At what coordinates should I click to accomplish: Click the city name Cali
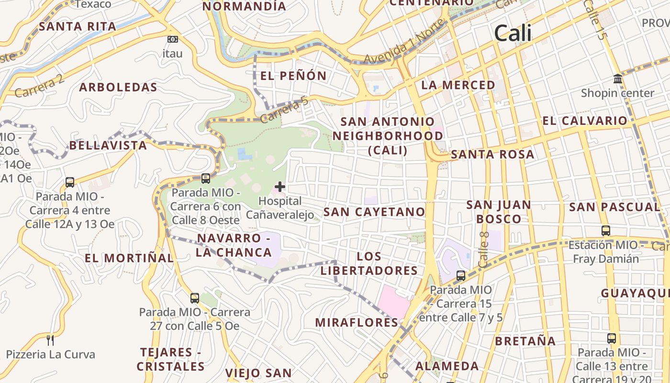pyautogui.click(x=513, y=33)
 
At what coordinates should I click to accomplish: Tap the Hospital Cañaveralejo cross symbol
pyautogui.click(x=280, y=187)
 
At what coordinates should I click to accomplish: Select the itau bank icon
pyautogui.click(x=173, y=39)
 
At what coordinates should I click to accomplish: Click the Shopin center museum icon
pyautogui.click(x=617, y=79)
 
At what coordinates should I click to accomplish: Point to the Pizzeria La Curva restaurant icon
pyautogui.click(x=50, y=340)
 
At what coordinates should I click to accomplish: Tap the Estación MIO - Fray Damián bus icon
pyautogui.click(x=606, y=231)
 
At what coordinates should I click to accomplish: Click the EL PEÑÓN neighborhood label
pyautogui.click(x=293, y=76)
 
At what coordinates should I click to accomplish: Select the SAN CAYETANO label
pyautogui.click(x=374, y=212)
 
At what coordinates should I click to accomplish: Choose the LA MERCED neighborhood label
pyautogui.click(x=458, y=85)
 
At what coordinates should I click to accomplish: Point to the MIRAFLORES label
pyautogui.click(x=357, y=322)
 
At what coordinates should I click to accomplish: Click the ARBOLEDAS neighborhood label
pyautogui.click(x=118, y=87)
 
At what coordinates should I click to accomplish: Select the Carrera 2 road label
pyautogui.click(x=39, y=86)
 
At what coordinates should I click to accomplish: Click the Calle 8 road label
pyautogui.click(x=484, y=249)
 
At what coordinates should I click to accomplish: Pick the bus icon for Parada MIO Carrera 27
pyautogui.click(x=195, y=298)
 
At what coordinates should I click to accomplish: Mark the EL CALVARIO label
pyautogui.click(x=584, y=121)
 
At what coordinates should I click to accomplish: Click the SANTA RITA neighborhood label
pyautogui.click(x=78, y=26)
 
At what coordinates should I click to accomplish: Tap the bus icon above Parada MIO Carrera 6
pyautogui.click(x=206, y=179)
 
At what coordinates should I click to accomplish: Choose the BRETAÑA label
pyautogui.click(x=525, y=341)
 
